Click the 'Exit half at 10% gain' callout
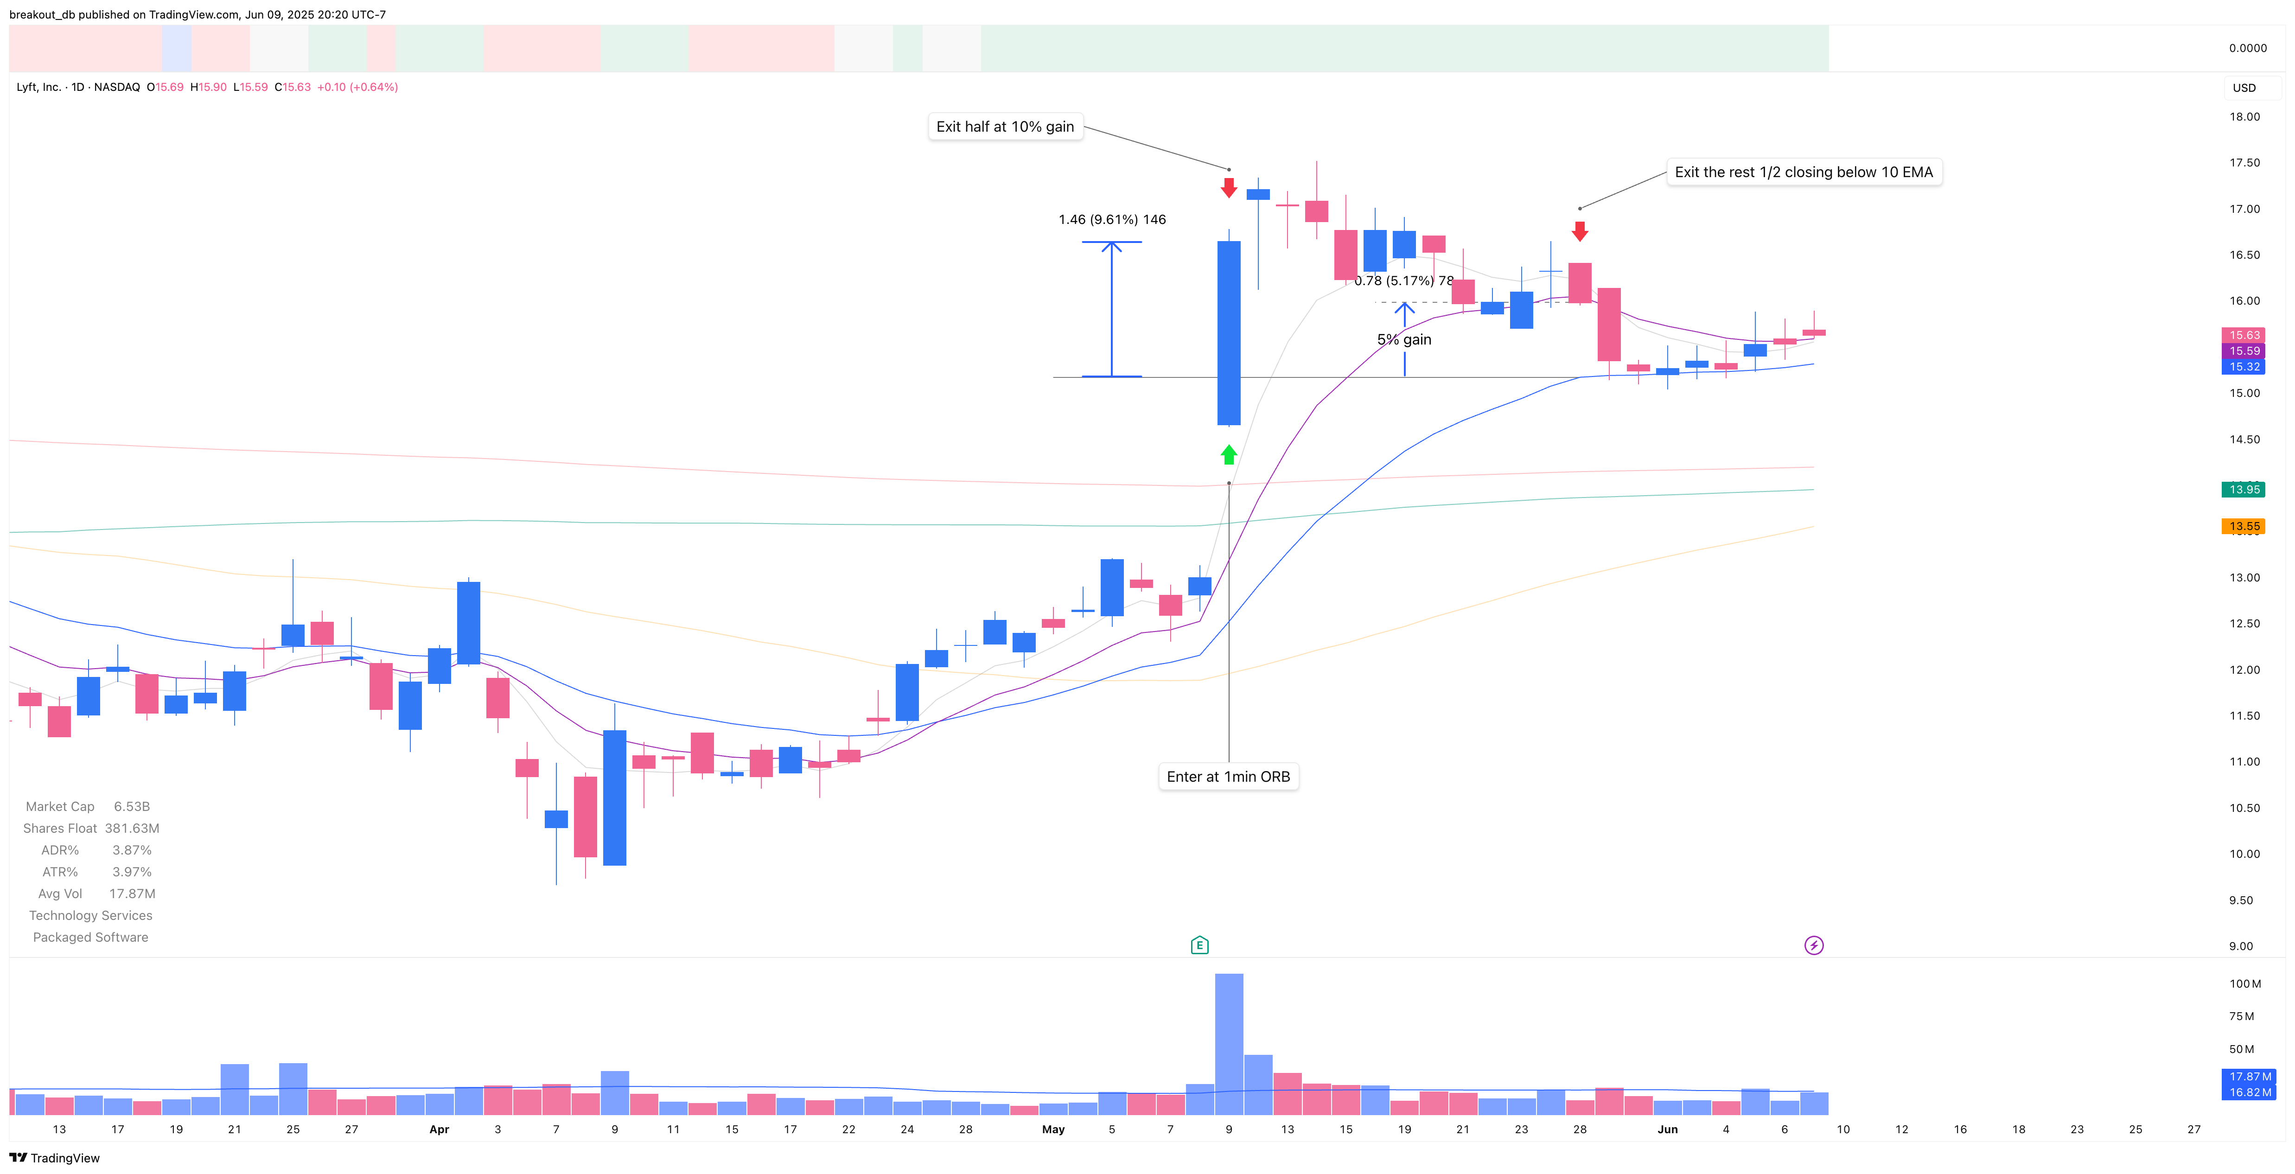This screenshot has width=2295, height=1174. [x=1005, y=127]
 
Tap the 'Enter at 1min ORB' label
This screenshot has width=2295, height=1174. [x=1228, y=777]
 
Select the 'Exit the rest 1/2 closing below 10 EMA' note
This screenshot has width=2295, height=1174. [x=1803, y=172]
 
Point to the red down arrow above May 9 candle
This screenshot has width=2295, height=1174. [x=1229, y=187]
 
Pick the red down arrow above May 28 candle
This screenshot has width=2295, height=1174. [x=1580, y=231]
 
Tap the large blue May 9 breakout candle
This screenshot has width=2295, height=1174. [x=1229, y=332]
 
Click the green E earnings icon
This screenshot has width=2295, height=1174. [x=1199, y=945]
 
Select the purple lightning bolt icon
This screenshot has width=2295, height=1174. [x=1813, y=945]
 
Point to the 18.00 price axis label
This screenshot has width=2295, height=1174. [x=2244, y=117]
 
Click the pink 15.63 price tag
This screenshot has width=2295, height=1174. [x=2244, y=335]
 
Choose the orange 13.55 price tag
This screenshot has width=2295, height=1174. [x=2244, y=526]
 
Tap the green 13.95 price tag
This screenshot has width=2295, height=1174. [x=2244, y=489]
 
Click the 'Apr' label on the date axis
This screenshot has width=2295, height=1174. [x=439, y=1129]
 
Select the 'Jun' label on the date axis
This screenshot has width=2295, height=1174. [x=1667, y=1129]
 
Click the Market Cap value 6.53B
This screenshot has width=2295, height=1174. [x=132, y=806]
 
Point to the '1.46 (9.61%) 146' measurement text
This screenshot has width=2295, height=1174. [x=1112, y=219]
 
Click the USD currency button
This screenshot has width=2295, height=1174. [x=2244, y=87]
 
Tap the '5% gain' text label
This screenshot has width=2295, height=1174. [x=1404, y=339]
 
